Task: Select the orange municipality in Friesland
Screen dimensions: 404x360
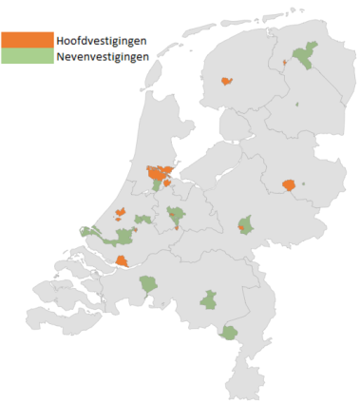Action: click(x=226, y=82)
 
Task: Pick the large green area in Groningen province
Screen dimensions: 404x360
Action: click(x=306, y=59)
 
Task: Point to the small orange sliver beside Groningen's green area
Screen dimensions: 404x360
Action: click(x=284, y=64)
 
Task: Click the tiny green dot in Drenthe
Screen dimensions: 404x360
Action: click(x=297, y=104)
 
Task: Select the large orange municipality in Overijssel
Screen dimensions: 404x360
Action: click(x=290, y=185)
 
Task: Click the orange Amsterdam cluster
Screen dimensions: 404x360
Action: click(x=159, y=174)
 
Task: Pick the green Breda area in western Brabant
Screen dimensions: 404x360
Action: click(x=147, y=283)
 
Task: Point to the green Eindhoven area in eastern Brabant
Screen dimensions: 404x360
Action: click(x=210, y=300)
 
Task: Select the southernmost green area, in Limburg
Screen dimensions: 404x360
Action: click(x=229, y=333)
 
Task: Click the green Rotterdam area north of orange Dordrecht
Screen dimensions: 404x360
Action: click(x=124, y=238)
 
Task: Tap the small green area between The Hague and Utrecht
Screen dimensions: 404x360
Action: click(x=143, y=221)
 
